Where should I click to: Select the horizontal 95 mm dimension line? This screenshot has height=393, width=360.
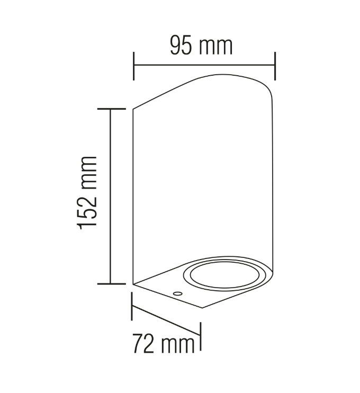click(204, 66)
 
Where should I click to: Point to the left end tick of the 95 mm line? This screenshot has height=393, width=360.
click(133, 66)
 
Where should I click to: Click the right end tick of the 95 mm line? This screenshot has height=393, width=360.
click(275, 66)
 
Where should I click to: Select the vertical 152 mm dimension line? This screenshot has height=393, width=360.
click(110, 196)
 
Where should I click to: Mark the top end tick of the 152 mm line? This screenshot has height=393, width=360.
click(110, 108)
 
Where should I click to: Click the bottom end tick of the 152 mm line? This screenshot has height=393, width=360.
click(110, 284)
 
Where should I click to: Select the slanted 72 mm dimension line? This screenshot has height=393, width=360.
click(165, 319)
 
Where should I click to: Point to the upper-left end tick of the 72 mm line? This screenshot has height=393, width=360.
click(131, 304)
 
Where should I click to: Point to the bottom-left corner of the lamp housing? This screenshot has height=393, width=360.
click(133, 284)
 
